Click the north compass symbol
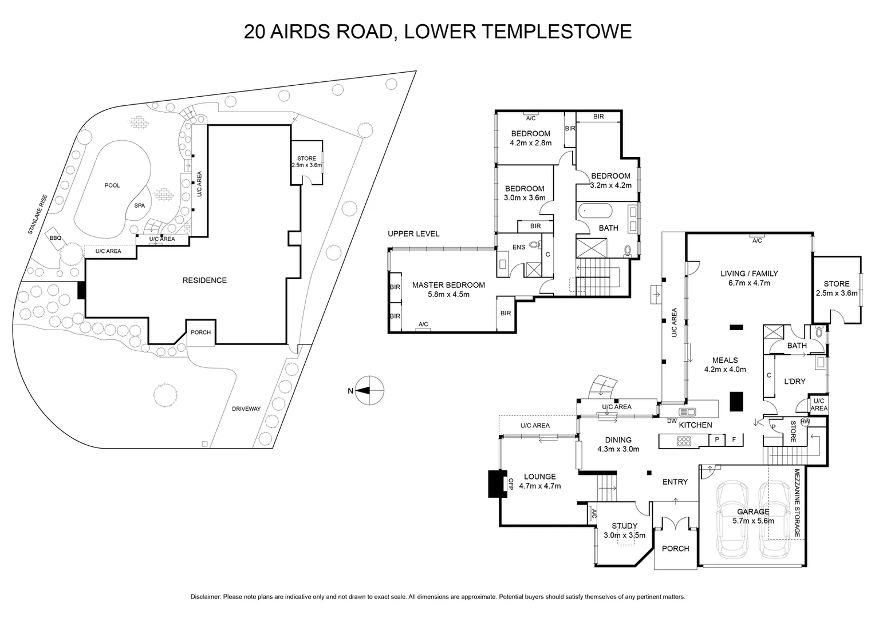[369, 390]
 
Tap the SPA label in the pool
[140, 206]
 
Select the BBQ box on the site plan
[55, 237]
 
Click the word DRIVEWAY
[246, 409]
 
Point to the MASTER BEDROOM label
[448, 286]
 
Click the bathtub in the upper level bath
[596, 211]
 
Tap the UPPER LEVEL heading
[413, 234]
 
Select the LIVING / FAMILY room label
[749, 274]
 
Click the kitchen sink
[687, 412]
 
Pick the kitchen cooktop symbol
[684, 441]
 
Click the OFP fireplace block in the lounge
[497, 484]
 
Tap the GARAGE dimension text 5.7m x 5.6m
[753, 521]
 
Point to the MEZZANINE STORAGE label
[797, 503]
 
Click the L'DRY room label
[794, 382]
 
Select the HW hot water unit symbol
[805, 422]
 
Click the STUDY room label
[624, 526]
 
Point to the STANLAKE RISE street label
[37, 215]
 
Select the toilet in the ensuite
[535, 245]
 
